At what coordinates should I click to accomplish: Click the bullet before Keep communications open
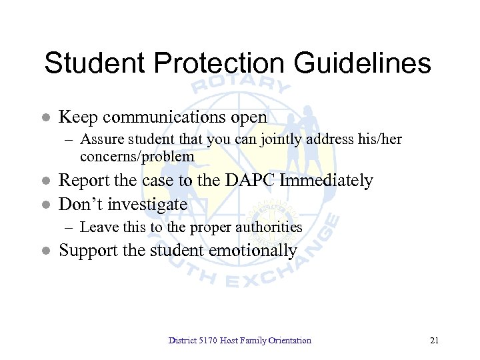[45, 118]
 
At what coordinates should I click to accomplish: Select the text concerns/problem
[137, 157]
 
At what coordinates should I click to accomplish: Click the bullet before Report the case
[45, 181]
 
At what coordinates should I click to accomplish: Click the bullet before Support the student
[45, 251]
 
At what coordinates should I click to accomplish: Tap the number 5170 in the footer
[207, 341]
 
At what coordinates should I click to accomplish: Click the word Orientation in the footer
[289, 341]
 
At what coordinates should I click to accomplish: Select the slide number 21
[435, 341]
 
